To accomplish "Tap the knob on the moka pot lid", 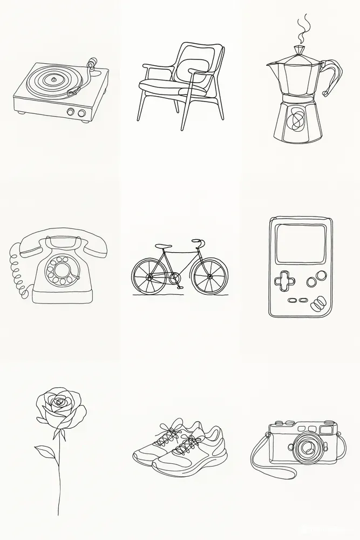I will coord(299,49).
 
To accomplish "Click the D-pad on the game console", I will coord(281,281).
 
